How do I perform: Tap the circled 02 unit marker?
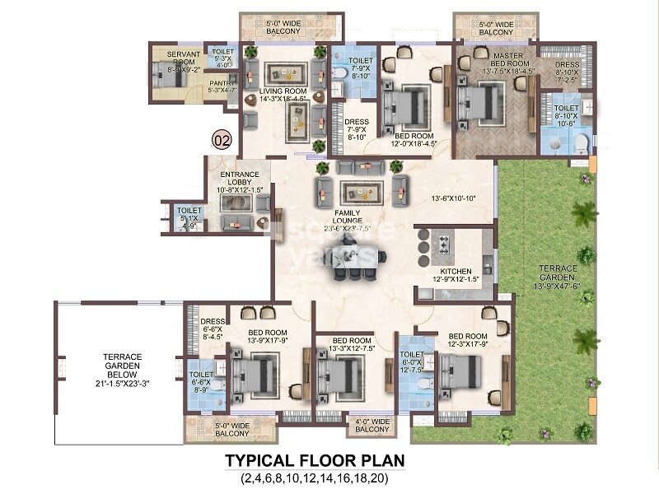[x=222, y=139]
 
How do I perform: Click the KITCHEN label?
[x=456, y=271]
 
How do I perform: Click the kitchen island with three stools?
[x=443, y=247]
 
